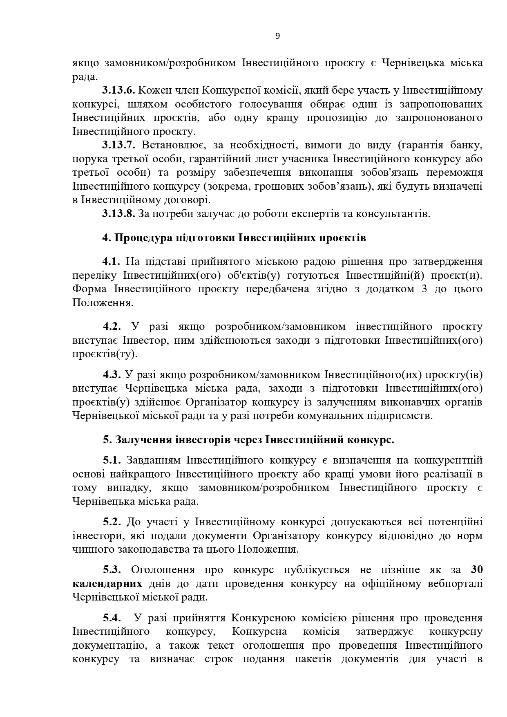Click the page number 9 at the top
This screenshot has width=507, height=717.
[278, 36]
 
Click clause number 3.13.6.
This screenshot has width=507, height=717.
[118, 90]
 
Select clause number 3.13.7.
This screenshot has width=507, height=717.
[118, 145]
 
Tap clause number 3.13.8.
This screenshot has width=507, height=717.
[118, 214]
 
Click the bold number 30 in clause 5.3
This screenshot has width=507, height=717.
[476, 570]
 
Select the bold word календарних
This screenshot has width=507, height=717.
[107, 584]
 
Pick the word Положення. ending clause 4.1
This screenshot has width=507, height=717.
[103, 303]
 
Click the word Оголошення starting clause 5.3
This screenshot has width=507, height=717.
[163, 570]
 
